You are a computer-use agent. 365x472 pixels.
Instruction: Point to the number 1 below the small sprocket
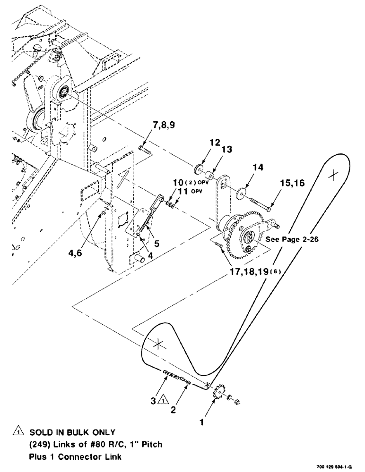[202, 423]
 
